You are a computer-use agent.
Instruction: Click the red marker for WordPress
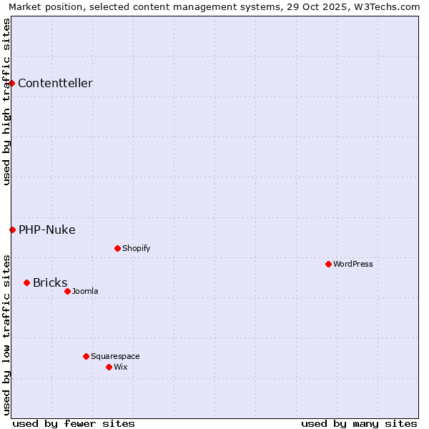(x=328, y=264)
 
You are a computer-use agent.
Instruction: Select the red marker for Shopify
(x=117, y=248)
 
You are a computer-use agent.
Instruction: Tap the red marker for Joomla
(x=67, y=291)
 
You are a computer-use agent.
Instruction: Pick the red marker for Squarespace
(x=86, y=356)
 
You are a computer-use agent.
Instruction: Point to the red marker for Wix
(x=109, y=367)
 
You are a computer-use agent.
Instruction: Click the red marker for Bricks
(x=26, y=282)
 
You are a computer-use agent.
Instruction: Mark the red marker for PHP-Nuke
(x=12, y=230)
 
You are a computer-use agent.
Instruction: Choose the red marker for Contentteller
(x=11, y=83)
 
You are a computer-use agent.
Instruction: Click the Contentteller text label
(x=55, y=83)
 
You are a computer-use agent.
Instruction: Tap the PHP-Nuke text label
(x=47, y=230)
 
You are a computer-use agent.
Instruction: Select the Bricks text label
(x=50, y=282)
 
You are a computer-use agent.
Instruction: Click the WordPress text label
(x=353, y=264)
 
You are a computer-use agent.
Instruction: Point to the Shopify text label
(x=136, y=248)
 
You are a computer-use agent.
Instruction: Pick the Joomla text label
(x=85, y=291)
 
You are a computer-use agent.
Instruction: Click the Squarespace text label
(x=115, y=356)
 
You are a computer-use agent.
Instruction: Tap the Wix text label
(x=120, y=367)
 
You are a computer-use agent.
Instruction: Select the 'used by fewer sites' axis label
(x=74, y=423)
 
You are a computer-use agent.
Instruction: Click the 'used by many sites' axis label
(x=359, y=423)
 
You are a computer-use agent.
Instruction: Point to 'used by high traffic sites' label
(x=7, y=102)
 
